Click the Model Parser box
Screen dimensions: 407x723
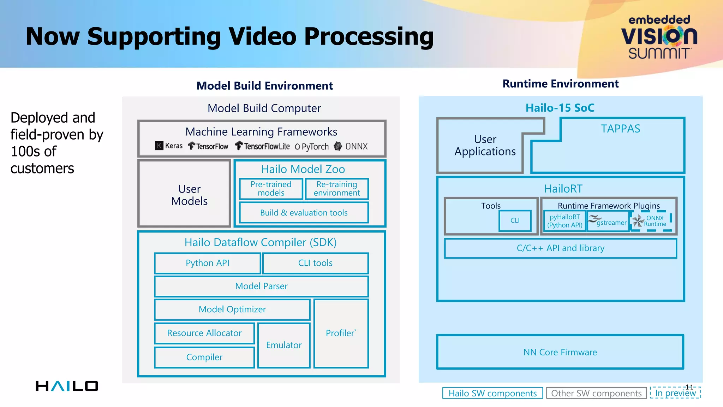coord(261,286)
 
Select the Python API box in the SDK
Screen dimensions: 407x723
coord(207,263)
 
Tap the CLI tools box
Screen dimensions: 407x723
coord(315,263)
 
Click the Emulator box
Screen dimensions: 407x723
coord(284,345)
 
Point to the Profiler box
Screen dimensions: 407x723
coord(341,333)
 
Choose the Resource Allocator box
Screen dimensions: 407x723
coord(204,333)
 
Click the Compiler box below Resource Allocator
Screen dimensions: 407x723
coord(204,357)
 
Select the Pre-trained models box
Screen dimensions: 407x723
coord(271,189)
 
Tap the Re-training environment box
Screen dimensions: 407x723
coord(336,189)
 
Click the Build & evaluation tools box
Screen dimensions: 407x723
coord(304,213)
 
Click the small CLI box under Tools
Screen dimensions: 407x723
coord(515,220)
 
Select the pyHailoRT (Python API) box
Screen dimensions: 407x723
coord(564,221)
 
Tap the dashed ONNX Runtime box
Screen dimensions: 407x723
coord(651,221)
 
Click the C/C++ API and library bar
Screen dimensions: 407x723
coord(560,248)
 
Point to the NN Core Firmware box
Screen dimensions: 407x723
coord(560,352)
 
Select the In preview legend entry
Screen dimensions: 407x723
coord(675,393)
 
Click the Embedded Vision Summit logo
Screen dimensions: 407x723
coord(659,37)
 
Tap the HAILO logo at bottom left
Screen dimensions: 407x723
coord(67,386)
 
